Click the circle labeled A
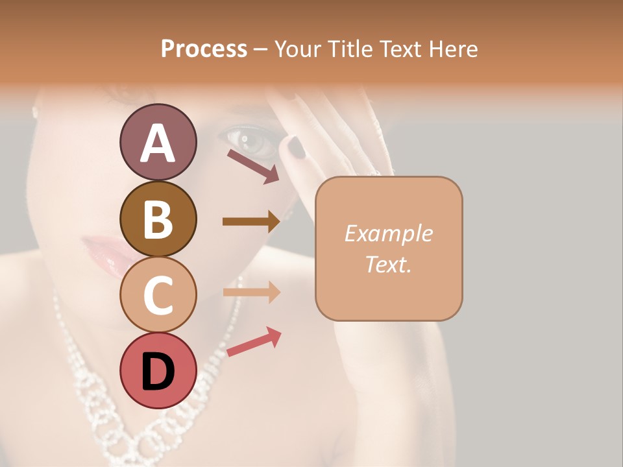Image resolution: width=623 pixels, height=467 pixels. [x=158, y=142]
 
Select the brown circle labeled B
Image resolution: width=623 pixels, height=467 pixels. [x=158, y=219]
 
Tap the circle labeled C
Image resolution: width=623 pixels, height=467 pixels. [x=158, y=294]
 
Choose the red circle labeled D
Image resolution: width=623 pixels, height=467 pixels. [x=158, y=370]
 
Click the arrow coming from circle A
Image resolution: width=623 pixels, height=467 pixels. [x=253, y=166]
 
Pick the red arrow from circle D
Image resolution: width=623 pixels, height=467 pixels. [x=254, y=342]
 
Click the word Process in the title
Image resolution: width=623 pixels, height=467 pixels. [x=204, y=49]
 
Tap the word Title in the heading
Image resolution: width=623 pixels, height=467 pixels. [x=349, y=49]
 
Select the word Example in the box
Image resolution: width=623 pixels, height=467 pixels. [x=388, y=233]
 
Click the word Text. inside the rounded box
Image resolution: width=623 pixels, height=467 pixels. [x=388, y=264]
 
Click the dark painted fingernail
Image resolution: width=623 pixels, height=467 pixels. [x=297, y=147]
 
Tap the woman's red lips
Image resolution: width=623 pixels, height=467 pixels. [x=107, y=253]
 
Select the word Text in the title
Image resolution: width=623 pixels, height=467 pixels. [x=402, y=49]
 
